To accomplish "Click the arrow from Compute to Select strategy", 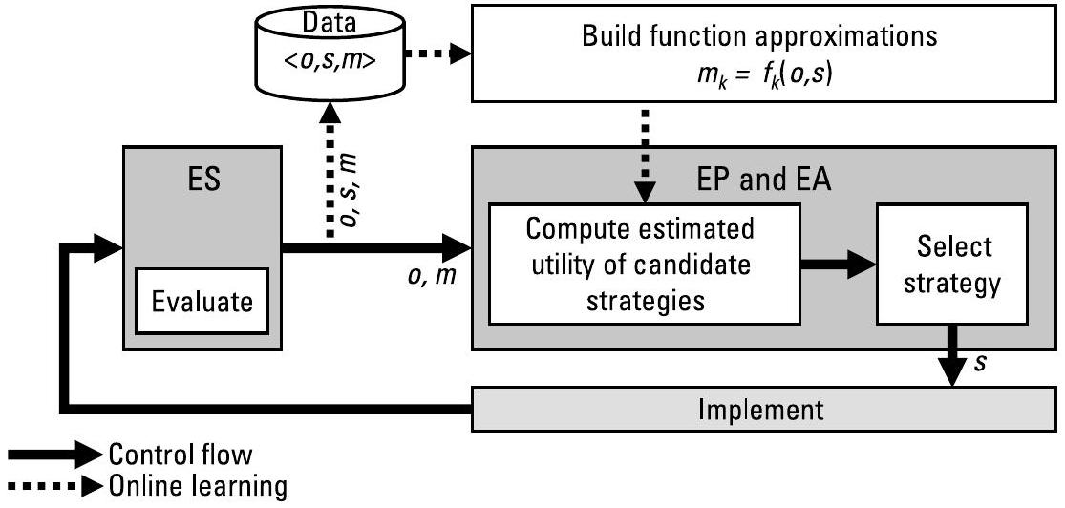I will click(839, 263).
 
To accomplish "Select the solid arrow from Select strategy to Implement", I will click(952, 356).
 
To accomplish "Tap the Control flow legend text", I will click(181, 454).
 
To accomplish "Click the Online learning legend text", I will click(198, 486).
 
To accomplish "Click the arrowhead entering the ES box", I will click(109, 248).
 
